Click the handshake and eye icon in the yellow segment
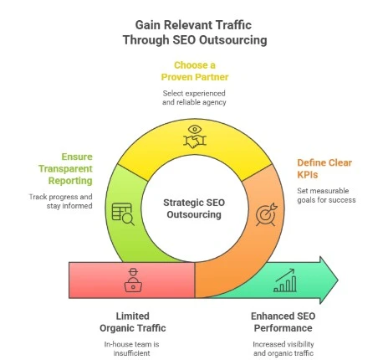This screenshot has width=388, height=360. pos(194,136)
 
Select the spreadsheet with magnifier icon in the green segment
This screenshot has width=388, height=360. pos(122,215)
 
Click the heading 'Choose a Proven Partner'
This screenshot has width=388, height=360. pos(194,70)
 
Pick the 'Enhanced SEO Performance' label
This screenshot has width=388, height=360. pos(283,321)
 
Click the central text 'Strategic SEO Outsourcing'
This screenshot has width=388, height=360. pos(194,208)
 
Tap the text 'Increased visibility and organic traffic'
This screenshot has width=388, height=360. pos(283,348)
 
